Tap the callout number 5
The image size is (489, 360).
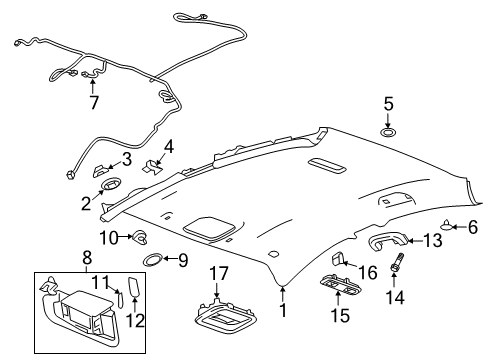(389, 103)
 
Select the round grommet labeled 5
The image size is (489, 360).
(389, 130)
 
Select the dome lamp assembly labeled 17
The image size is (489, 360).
(227, 322)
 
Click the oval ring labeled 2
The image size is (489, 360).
(111, 183)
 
